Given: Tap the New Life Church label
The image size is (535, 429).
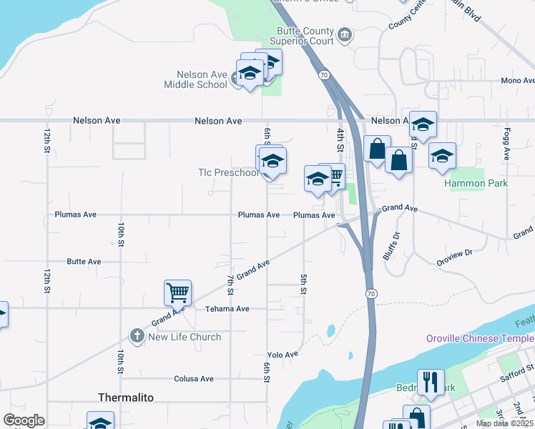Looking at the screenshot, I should pos(185,337).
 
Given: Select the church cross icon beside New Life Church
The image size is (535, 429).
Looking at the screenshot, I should pos(137,335).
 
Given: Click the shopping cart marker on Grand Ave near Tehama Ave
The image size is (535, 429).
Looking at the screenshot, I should pos(177,292).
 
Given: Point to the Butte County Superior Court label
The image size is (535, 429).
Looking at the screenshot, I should pos(305,36).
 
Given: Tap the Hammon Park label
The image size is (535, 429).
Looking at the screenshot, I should pos(476,183).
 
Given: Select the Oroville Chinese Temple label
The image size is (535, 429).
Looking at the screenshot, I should pos(479,338).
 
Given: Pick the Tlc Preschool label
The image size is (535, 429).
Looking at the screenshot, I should pos(228,172).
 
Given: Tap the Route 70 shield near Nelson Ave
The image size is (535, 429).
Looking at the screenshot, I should pos(324,74).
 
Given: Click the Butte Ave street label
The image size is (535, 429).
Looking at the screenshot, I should pos(84,262).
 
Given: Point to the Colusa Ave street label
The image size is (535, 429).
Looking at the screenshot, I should pos(194,379).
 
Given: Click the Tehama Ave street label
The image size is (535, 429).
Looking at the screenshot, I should pos(227,309).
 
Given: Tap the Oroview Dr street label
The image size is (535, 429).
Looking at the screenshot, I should pos(455,253).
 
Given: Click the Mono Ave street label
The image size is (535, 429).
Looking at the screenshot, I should pos(517,81).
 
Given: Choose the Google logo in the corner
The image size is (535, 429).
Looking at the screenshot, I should pos(24,420).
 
